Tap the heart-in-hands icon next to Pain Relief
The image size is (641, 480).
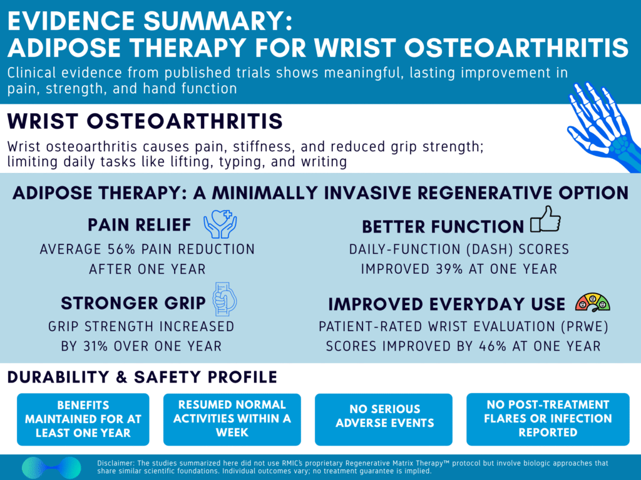click(220, 224)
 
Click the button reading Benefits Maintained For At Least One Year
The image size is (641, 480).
click(83, 419)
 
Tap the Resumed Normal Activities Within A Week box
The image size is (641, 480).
click(232, 419)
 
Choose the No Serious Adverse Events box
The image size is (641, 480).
click(384, 419)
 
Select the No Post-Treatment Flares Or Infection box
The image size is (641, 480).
click(548, 419)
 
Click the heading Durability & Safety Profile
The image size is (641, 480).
click(143, 377)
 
